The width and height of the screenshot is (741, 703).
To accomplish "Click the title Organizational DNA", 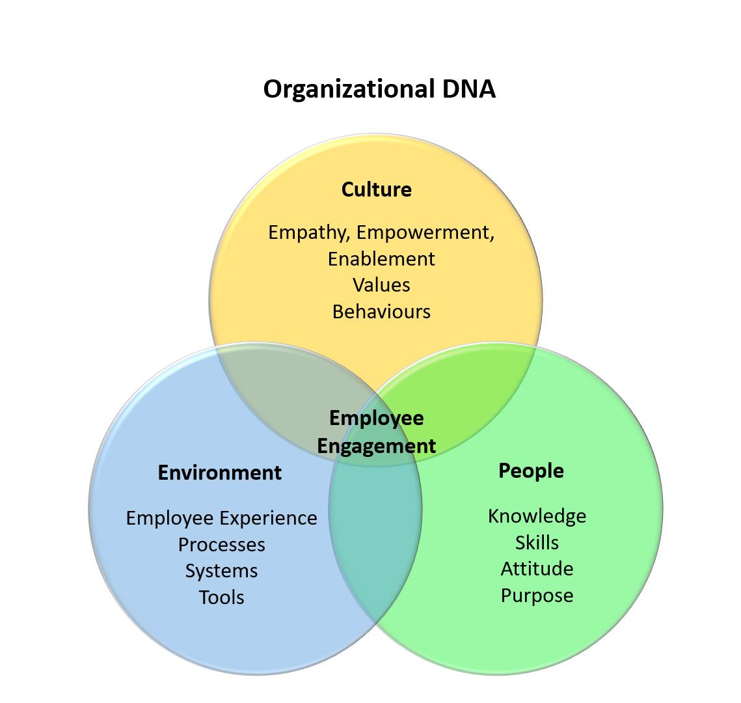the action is [379, 89].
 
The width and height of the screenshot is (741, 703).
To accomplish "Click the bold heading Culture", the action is [376, 189].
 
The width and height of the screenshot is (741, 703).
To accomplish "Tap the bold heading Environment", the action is [219, 472].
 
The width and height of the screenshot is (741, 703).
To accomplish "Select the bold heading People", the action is [531, 470].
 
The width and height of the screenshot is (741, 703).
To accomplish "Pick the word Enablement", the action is [381, 258].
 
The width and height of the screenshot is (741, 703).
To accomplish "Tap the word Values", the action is [381, 285].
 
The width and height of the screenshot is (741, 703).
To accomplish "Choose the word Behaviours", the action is [381, 311].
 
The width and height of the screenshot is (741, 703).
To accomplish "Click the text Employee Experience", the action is [221, 518].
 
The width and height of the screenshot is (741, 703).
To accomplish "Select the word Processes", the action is [221, 544].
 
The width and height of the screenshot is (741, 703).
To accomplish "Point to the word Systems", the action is [221, 571].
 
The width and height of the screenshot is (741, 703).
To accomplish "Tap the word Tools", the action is [221, 597].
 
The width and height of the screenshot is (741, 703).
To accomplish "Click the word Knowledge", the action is [537, 516].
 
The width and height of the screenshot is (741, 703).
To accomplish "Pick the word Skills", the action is [537, 542].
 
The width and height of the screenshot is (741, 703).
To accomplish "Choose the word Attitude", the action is [537, 568].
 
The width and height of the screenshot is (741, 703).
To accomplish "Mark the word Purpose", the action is [537, 595].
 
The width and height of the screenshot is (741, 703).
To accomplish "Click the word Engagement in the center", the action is [376, 446].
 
